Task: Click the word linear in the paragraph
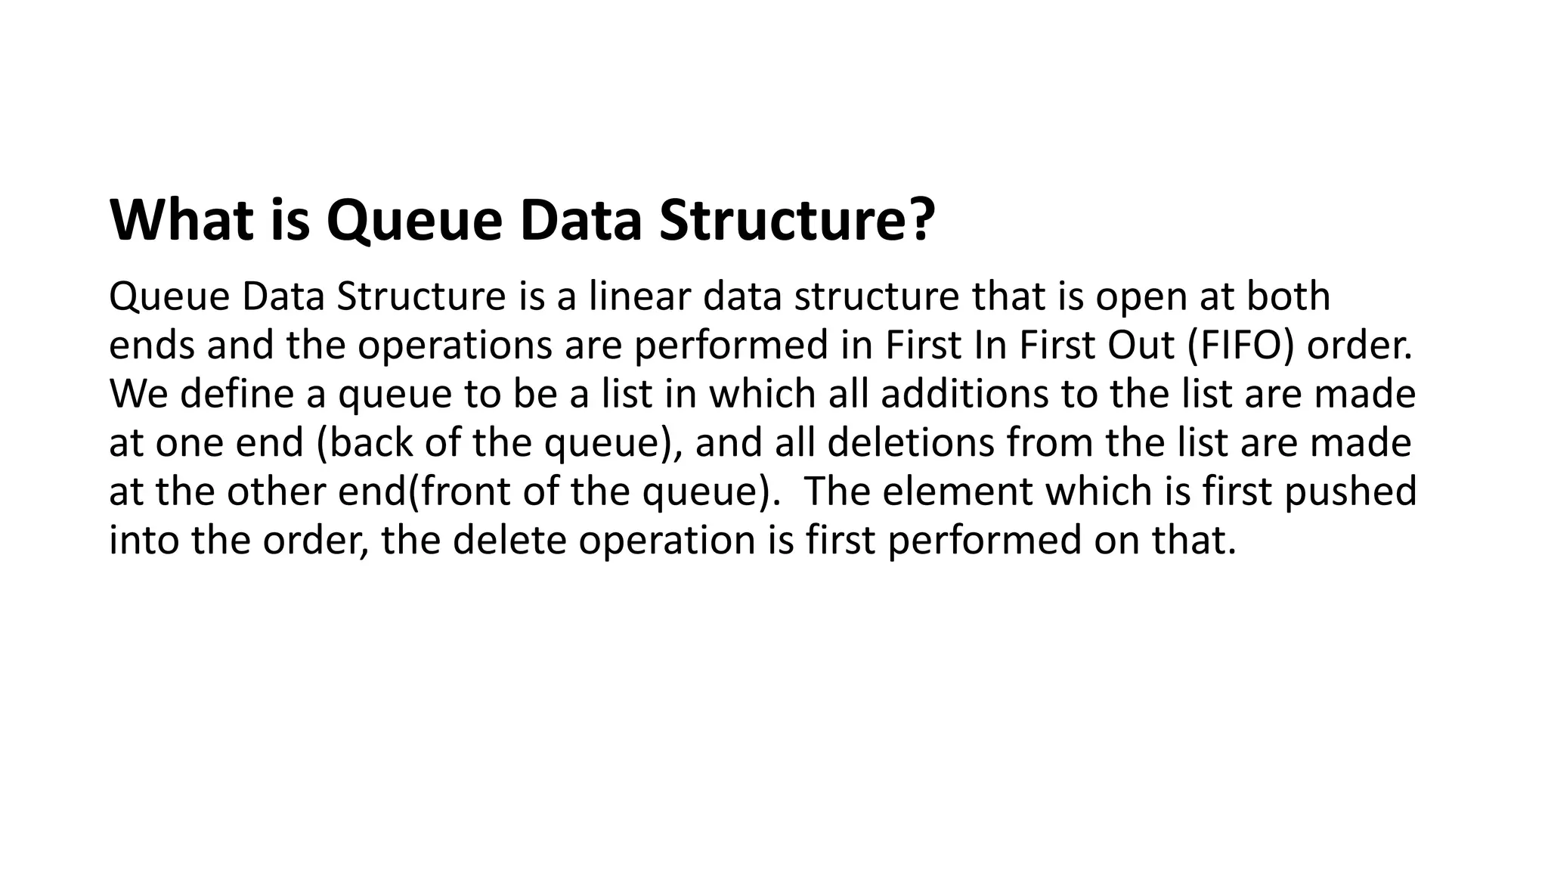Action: point(639,296)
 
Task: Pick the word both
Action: point(1288,296)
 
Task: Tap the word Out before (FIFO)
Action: point(1141,346)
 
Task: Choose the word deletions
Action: point(910,442)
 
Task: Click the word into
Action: point(144,541)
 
